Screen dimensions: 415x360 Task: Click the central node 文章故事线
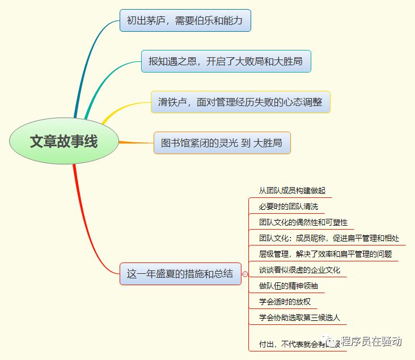63,141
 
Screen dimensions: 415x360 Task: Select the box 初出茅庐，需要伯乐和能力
185,21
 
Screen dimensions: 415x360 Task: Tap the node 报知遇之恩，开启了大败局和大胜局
226,61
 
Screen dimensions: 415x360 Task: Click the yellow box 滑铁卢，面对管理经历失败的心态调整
240,102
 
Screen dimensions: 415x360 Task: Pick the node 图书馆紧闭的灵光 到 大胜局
222,143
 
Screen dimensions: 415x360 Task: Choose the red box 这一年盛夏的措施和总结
180,273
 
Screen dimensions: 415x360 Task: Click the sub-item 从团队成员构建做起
292,190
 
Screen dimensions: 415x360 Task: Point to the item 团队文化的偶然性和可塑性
303,222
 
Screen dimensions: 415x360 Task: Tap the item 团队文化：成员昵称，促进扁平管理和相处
329,238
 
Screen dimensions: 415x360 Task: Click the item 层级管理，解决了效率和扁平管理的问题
325,254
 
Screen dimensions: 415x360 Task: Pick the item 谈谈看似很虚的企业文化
299,270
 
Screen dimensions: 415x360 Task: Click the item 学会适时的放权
285,302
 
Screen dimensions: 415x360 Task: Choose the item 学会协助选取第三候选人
299,317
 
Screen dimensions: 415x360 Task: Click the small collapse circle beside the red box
245,274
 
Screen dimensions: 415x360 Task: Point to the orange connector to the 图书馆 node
136,143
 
